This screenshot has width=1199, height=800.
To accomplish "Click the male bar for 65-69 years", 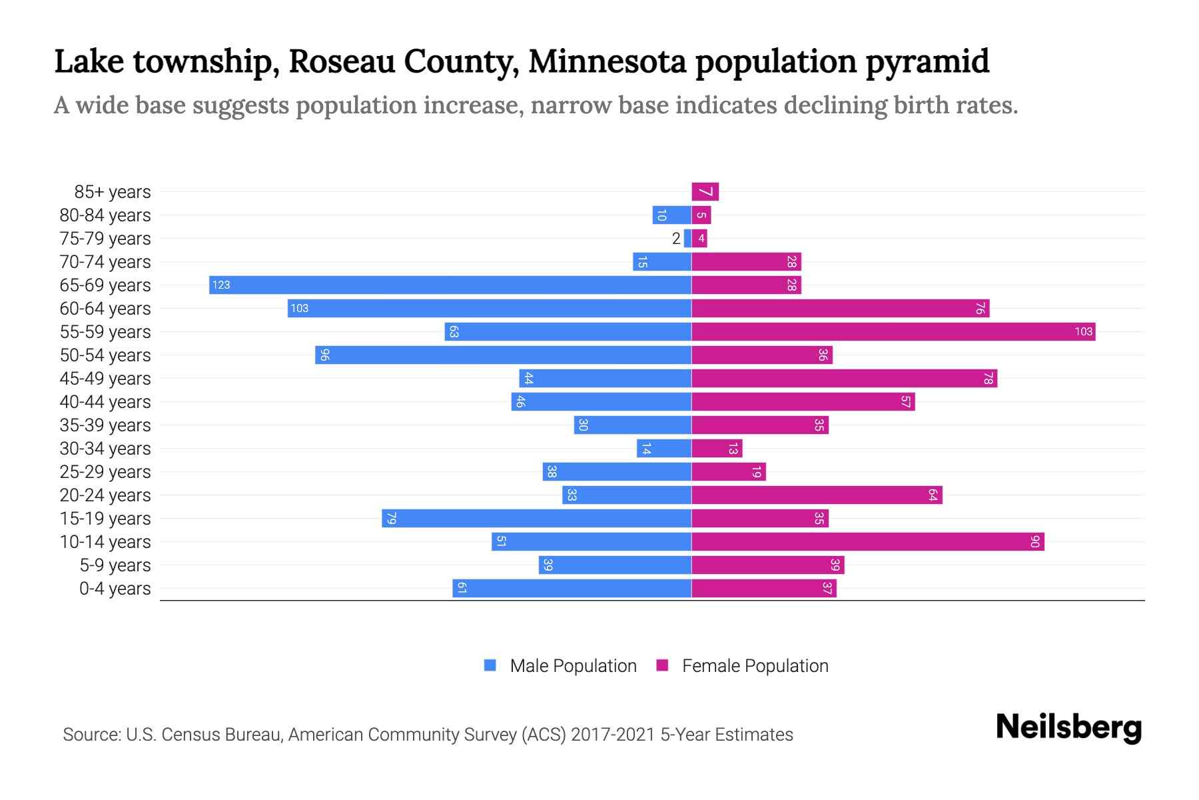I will click(x=450, y=285).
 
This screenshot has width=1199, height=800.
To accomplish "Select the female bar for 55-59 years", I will click(x=893, y=332).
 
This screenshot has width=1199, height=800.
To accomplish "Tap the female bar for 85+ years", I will click(x=705, y=192).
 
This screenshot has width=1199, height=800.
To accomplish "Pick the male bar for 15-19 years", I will click(x=537, y=519).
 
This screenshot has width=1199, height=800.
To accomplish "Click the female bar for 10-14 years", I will click(x=867, y=542).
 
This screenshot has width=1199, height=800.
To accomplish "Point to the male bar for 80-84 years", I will click(x=671, y=215).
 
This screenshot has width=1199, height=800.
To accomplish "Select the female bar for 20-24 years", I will click(x=817, y=495).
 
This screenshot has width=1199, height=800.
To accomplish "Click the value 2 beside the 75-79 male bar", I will click(x=676, y=239).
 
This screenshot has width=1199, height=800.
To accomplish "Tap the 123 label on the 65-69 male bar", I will click(x=220, y=285).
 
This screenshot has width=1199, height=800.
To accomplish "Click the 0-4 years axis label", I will click(x=115, y=589).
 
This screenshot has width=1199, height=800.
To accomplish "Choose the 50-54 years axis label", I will click(x=105, y=355).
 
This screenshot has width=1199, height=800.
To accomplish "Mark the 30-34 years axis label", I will click(x=105, y=449).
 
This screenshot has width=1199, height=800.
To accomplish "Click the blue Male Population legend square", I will click(x=490, y=665).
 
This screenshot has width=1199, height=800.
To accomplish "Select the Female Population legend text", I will click(x=755, y=666).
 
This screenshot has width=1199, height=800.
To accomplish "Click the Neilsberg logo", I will click(x=1068, y=727).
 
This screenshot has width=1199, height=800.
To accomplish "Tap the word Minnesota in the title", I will click(x=607, y=61).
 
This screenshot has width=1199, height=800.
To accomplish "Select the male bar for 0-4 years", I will click(x=572, y=589).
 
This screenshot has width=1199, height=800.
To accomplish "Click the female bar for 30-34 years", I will click(x=717, y=449).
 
